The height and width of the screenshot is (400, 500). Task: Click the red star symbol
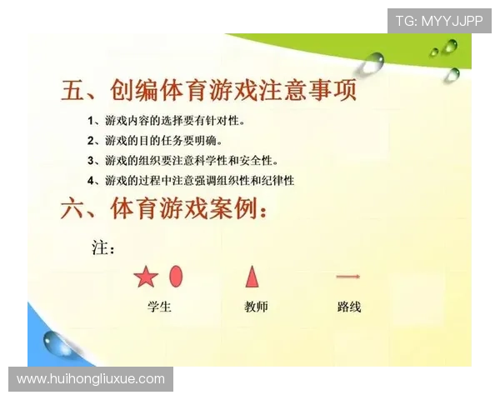[146, 276]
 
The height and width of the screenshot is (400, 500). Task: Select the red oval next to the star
[176, 276]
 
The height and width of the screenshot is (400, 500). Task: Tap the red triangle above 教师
[252, 276]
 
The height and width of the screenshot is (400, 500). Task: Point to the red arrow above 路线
[347, 276]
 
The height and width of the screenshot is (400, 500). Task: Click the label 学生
[158, 307]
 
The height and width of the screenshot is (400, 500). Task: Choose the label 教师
[257, 307]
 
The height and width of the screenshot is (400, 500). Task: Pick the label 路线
[349, 307]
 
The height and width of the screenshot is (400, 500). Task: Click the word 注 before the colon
[97, 248]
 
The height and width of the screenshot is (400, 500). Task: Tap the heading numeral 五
[74, 90]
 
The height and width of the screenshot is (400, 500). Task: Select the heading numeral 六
[74, 209]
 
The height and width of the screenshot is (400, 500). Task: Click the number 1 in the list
[92, 121]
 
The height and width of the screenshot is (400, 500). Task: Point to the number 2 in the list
[92, 141]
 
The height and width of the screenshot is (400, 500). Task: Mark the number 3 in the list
[92, 161]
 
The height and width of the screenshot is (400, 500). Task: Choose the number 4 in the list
[92, 180]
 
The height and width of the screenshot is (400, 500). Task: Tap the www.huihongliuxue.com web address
[91, 379]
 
